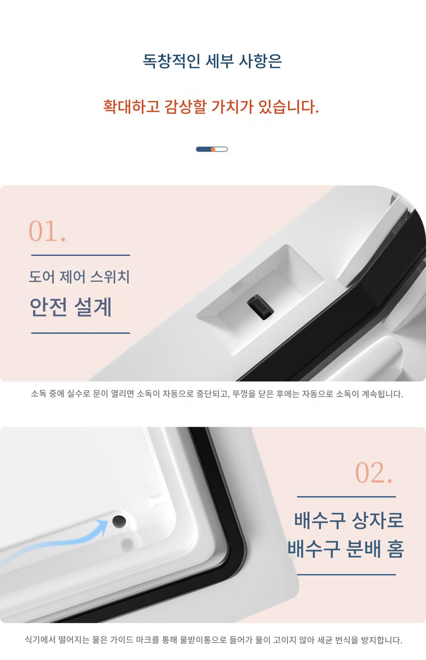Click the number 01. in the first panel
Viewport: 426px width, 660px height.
click(x=47, y=231)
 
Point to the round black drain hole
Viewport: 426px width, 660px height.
click(x=119, y=521)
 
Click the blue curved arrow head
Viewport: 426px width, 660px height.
click(x=102, y=524)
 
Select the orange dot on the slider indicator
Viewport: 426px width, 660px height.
click(x=213, y=149)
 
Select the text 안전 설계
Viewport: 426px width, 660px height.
click(x=70, y=307)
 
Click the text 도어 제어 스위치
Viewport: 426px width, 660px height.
click(x=79, y=277)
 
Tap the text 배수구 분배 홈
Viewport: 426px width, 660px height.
click(x=346, y=549)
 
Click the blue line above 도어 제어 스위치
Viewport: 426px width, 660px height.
click(x=81, y=255)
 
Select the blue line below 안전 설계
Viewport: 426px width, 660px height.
click(x=81, y=333)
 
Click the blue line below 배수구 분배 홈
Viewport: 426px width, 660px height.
click(x=346, y=574)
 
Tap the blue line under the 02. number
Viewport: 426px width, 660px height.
click(x=346, y=497)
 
